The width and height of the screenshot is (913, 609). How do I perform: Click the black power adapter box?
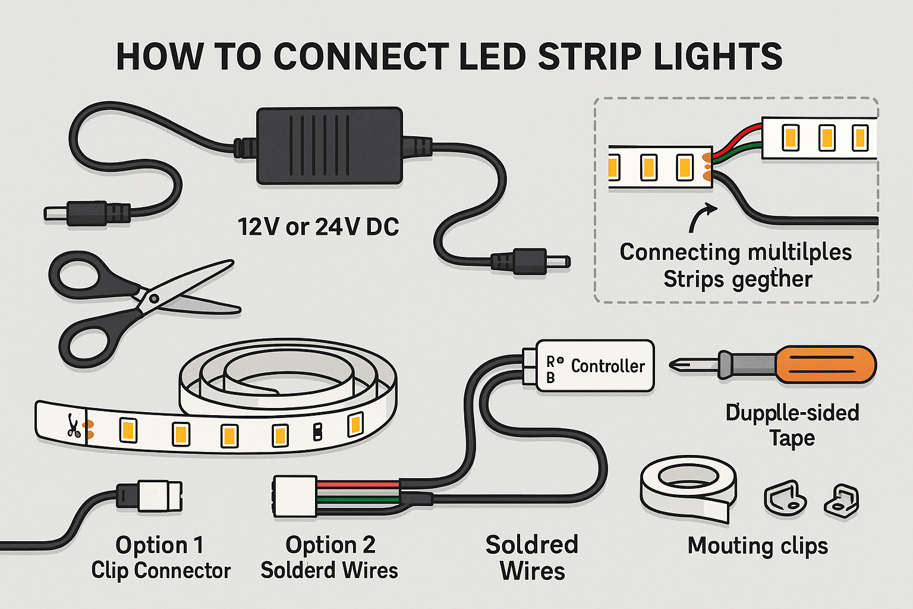pos(329,146)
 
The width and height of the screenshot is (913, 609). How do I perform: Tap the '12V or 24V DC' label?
pos(318,227)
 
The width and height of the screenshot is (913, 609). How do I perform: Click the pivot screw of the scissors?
pos(154,298)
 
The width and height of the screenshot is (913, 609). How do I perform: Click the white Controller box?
pos(594,366)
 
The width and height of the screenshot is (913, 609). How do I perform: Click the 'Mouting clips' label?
pos(757,545)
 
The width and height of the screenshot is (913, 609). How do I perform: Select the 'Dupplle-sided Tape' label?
pos(792,425)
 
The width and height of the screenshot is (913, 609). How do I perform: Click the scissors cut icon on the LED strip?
pos(74,426)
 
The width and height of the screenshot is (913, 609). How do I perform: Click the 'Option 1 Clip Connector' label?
pos(160,557)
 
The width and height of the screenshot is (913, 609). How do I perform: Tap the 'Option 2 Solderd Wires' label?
pos(329,557)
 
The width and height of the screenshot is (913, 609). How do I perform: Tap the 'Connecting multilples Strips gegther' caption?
pos(736,265)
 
